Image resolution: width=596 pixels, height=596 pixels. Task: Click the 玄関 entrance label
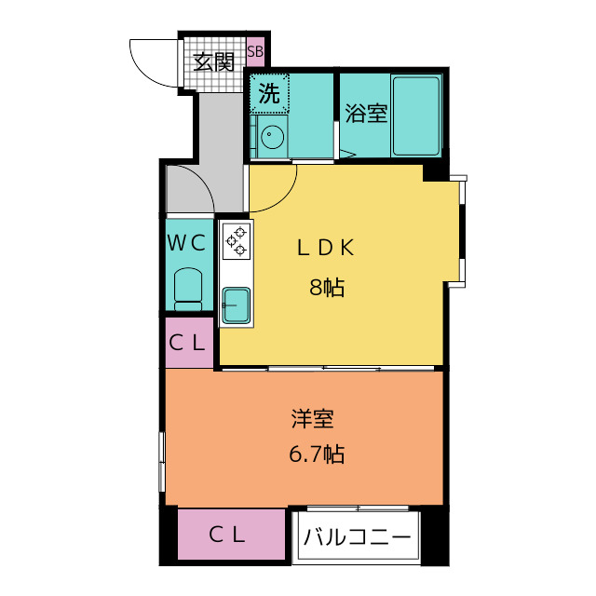[213, 62]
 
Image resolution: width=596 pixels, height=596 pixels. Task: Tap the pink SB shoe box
[255, 52]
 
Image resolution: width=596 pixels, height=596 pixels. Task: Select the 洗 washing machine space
[269, 93]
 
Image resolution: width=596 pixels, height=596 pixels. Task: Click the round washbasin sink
[272, 136]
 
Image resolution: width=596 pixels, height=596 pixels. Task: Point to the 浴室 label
[366, 113]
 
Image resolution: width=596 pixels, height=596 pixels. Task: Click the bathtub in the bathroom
[416, 115]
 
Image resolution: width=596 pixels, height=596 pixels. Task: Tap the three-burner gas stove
[236, 241]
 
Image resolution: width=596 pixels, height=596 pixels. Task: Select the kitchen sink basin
[236, 305]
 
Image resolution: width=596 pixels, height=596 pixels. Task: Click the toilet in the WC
[188, 289]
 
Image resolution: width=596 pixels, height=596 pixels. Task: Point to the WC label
[187, 243]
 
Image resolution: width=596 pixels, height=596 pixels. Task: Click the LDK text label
[326, 248]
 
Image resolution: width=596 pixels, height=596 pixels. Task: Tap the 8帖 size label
[327, 288]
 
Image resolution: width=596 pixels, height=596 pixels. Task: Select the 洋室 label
[313, 418]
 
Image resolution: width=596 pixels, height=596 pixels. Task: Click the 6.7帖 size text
[317, 454]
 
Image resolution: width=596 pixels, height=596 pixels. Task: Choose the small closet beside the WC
[189, 343]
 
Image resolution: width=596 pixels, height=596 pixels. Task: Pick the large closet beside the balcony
[232, 534]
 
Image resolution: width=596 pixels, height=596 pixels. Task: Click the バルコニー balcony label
[358, 537]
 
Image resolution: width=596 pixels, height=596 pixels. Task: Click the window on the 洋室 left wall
[162, 462]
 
